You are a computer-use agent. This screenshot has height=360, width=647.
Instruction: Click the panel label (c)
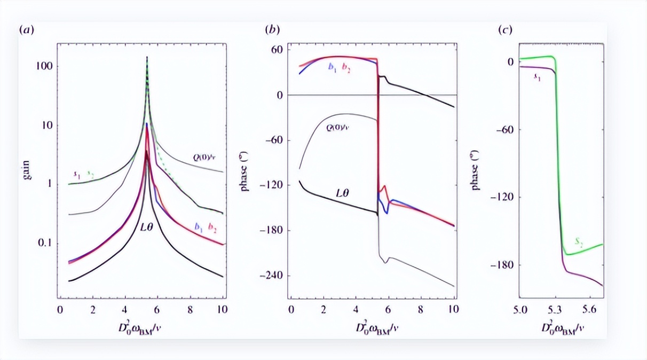coord(505,30)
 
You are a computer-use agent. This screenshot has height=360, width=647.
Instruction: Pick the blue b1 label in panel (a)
coord(199,226)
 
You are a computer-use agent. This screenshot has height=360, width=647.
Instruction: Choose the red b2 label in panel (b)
coord(346,68)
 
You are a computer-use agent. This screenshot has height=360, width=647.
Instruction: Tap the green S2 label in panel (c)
coord(579,242)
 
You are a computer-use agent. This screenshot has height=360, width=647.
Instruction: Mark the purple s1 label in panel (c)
coord(537,77)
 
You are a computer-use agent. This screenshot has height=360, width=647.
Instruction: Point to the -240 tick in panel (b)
coord(273,276)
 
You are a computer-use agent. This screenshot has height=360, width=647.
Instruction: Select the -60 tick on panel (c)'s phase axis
coord(506,130)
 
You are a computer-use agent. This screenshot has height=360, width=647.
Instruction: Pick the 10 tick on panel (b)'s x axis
coord(453,309)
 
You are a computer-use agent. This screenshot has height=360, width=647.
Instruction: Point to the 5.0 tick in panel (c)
coord(520,309)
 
